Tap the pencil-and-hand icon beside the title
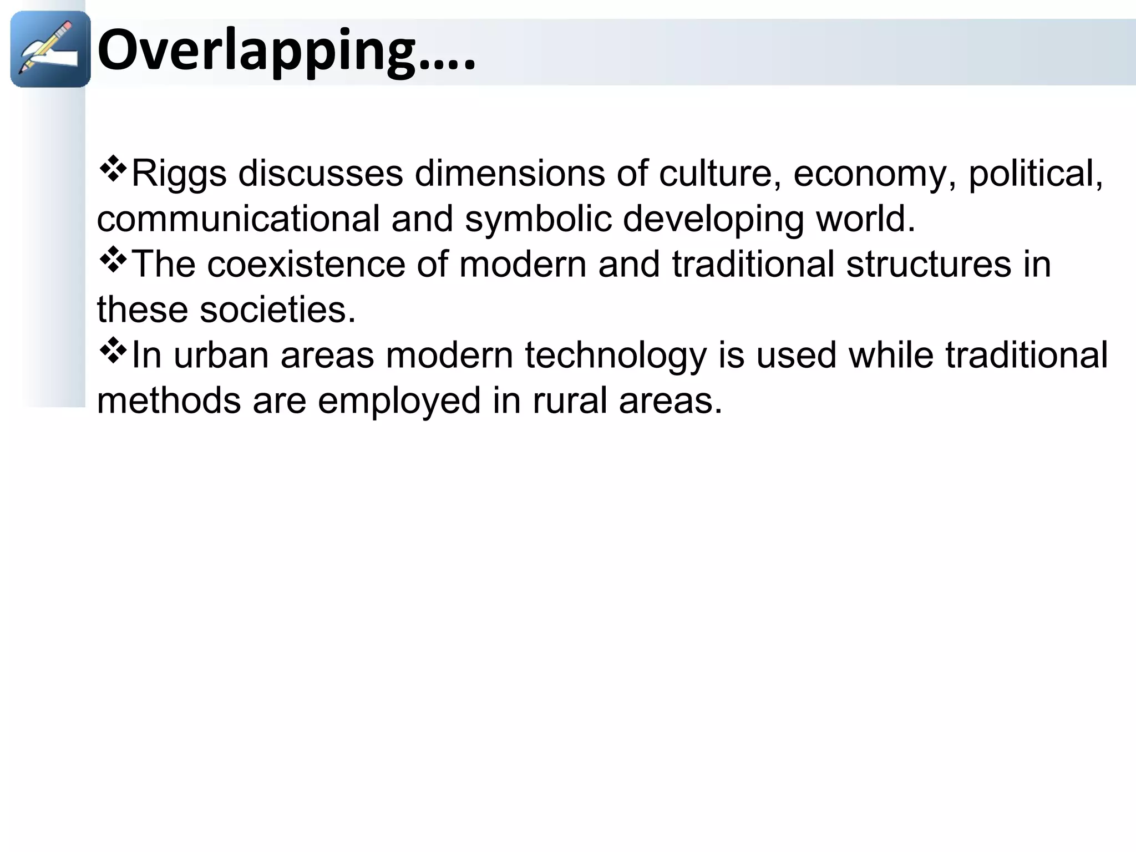coord(50,49)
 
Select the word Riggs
coord(179,174)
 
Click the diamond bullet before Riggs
coord(113,170)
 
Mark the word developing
coord(713,220)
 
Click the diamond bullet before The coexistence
coord(113,260)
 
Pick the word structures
coord(929,264)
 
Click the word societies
coord(277,310)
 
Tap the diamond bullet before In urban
coord(113,351)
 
